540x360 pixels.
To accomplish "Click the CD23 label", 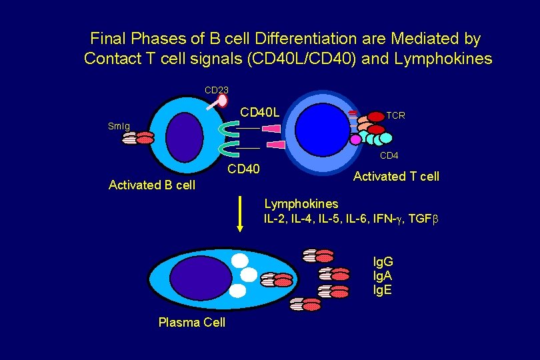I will tap(216, 89).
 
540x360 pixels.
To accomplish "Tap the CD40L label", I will tap(259, 110).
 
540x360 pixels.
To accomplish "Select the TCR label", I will tap(395, 115).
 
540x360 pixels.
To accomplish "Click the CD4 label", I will tap(389, 156).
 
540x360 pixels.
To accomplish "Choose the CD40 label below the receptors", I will tap(244, 169).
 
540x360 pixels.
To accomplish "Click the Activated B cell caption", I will tap(152, 185).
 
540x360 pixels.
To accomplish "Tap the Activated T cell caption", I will tap(396, 176).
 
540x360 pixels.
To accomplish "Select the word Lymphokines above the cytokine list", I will tap(301, 203).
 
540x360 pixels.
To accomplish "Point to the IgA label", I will tap(383, 276).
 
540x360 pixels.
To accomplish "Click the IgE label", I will tap(383, 290).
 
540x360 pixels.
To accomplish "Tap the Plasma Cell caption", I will tap(192, 322).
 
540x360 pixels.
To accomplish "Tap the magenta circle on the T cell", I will tap(356, 140).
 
